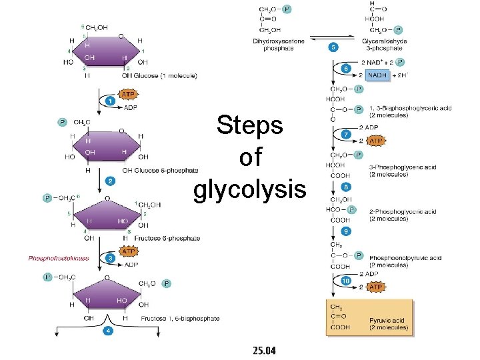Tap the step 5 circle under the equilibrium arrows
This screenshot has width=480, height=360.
tap(333, 47)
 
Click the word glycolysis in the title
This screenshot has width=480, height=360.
tap(249, 189)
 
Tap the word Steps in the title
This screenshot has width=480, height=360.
tap(250, 125)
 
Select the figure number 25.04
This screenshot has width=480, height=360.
tap(265, 350)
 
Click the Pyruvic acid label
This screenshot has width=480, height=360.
tap(389, 324)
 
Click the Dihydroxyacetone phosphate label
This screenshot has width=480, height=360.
tap(278, 45)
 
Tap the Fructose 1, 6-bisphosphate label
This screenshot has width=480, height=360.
tap(180, 319)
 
